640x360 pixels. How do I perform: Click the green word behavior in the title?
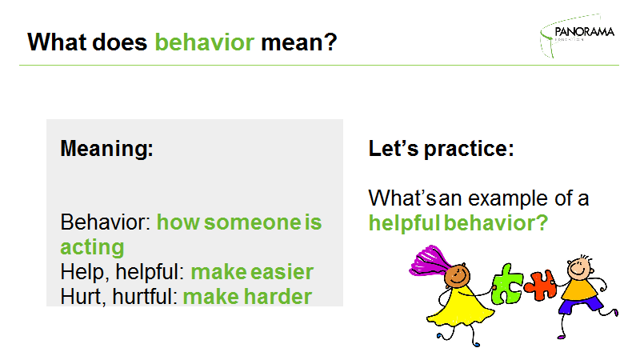[x=205, y=42]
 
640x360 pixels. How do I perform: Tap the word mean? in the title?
[x=299, y=42]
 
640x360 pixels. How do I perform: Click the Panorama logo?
[x=577, y=35]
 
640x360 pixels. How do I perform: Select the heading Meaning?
[x=107, y=148]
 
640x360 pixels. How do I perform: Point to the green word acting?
[x=92, y=247]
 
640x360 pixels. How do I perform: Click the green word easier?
[x=282, y=272]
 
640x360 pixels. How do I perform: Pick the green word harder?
[x=278, y=297]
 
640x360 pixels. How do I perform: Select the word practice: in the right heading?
[x=469, y=149]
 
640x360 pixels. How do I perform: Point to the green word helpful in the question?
[x=404, y=223]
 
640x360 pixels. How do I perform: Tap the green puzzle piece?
[x=506, y=285]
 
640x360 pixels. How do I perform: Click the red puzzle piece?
[x=540, y=285]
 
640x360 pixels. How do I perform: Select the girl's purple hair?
[x=430, y=262]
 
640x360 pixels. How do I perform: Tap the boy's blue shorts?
[x=581, y=305]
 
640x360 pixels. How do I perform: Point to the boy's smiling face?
[x=578, y=269]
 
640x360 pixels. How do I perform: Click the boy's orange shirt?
[x=578, y=289]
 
